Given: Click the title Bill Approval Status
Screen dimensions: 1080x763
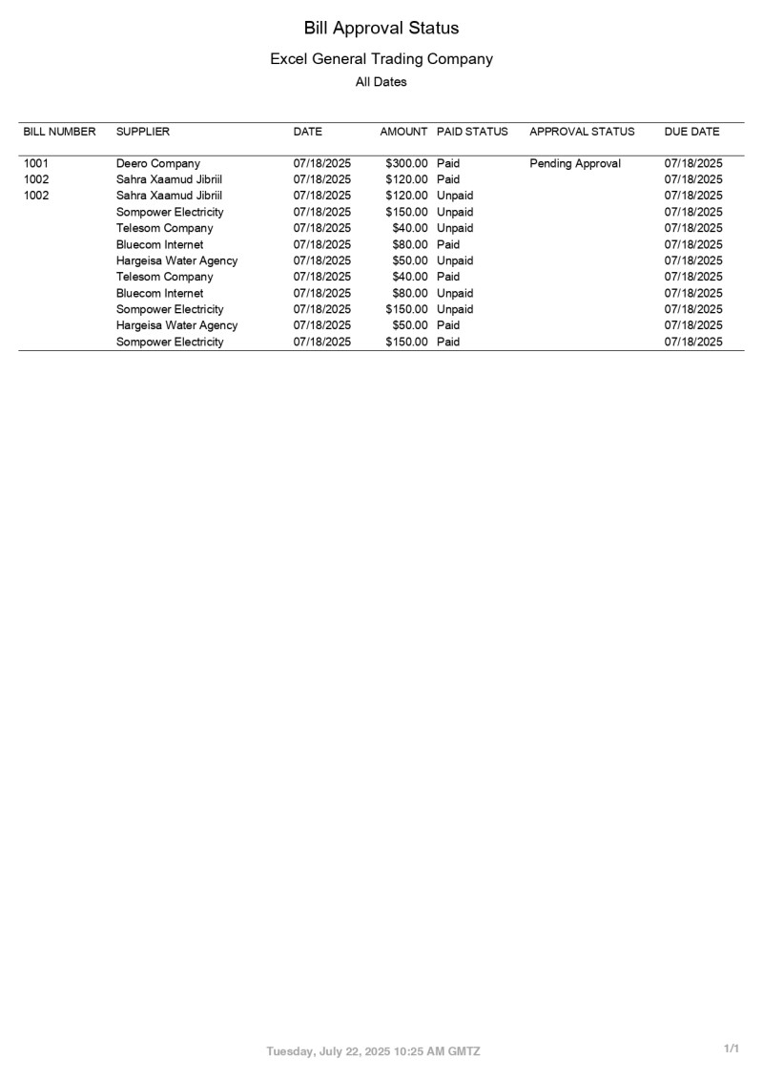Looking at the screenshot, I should point(381,28).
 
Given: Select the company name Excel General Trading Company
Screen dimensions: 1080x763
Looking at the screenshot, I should point(381,59).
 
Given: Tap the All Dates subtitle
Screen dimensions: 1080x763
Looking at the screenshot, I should point(381,82).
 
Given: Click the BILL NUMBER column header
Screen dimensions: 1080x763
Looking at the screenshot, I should point(59,132).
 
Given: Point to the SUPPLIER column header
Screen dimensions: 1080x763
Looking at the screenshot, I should point(143,132).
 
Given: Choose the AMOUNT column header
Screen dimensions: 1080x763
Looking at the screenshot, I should point(403,132).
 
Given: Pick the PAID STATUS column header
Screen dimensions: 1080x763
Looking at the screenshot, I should point(472,132).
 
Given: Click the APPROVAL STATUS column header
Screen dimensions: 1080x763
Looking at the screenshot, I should point(582,132).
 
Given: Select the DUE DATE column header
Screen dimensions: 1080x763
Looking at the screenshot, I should point(691,132).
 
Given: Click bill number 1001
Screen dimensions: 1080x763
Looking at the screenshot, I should point(36,163).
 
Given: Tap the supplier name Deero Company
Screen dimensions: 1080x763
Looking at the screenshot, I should point(158,163).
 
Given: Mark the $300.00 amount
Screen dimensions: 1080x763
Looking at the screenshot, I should point(406,163).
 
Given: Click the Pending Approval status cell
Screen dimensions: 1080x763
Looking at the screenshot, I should point(575,163).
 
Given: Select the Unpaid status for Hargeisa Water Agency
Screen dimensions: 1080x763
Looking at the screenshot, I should point(455,260).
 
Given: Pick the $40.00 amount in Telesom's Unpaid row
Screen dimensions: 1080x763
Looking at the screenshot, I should point(410,228).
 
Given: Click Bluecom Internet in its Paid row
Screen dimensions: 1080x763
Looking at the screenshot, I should point(159,244).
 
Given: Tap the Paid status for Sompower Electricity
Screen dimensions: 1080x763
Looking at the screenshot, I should point(448,342).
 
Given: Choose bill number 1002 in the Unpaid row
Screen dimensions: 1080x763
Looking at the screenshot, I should point(36,196).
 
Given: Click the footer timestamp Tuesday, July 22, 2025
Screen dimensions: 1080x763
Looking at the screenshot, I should point(373,1051).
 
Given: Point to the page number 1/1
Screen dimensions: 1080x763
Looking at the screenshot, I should point(732,1049).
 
